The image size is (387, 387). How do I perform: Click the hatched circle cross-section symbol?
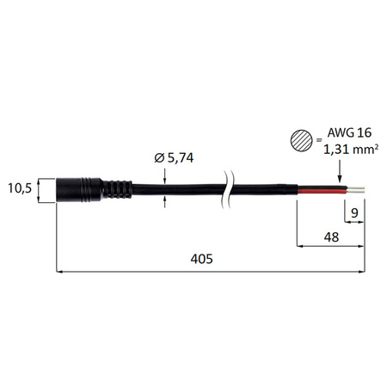302,139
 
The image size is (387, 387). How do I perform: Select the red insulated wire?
318,191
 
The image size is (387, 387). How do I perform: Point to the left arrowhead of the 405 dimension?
59,273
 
